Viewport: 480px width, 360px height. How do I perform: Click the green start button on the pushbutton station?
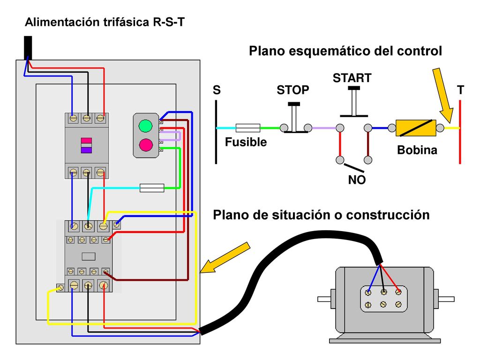(145, 126)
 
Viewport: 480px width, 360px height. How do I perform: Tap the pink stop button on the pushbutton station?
(146, 144)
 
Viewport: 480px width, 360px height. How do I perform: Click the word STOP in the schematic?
(293, 90)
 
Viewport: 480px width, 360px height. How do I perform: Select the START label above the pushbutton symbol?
(352, 78)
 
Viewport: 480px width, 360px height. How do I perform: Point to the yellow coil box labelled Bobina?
(416, 128)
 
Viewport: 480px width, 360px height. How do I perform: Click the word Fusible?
(246, 142)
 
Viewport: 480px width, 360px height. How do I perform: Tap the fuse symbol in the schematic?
(248, 128)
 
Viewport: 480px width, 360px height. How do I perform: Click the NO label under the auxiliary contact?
(357, 180)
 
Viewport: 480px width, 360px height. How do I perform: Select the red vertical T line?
(460, 132)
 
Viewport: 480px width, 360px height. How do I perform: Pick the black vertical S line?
(216, 132)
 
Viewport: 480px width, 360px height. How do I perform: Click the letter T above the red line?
(460, 90)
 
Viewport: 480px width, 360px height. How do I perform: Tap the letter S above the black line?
(217, 90)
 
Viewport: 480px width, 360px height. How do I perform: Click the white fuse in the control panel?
(152, 188)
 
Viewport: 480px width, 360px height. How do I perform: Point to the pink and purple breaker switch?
(86, 145)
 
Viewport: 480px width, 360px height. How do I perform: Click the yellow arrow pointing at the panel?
(225, 257)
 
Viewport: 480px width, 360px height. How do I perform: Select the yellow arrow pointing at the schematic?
(443, 95)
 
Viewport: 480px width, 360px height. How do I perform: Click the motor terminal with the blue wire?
(368, 292)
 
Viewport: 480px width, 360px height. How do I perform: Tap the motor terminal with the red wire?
(398, 292)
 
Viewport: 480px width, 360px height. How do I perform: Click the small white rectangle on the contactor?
(89, 256)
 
